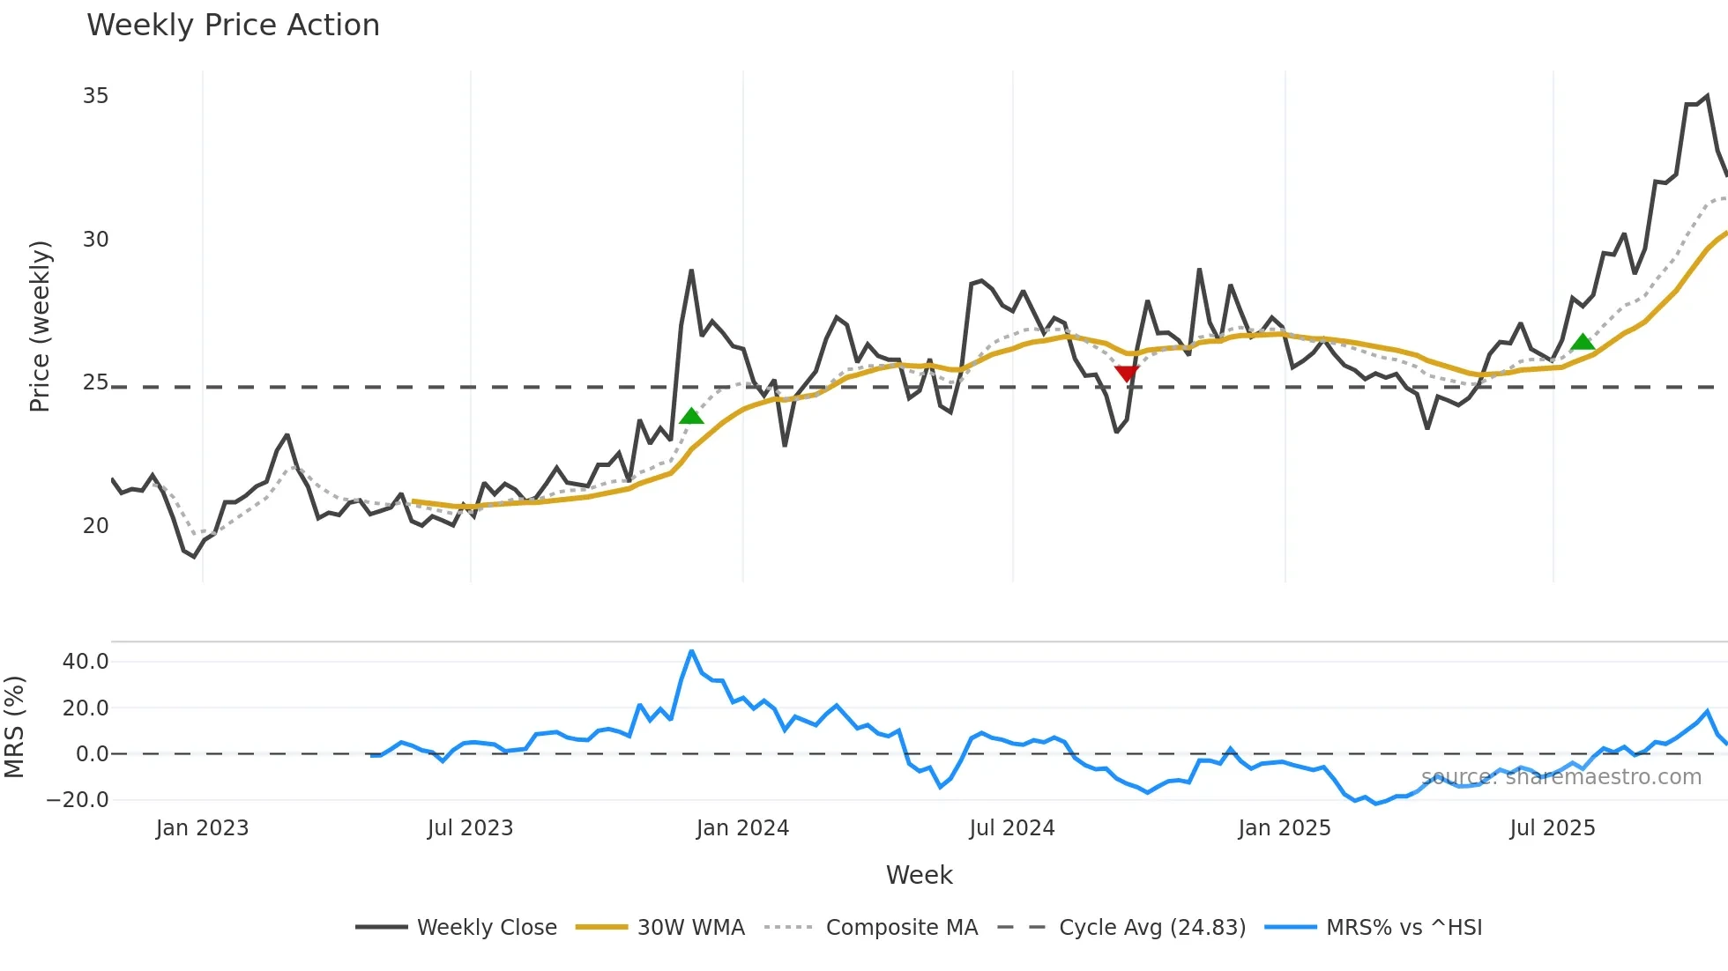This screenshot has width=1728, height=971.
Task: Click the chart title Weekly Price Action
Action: coord(233,26)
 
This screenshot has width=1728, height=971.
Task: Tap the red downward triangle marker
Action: coord(1127,374)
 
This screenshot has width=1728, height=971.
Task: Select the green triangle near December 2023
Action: coord(692,416)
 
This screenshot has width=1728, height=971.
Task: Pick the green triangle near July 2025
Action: coord(1583,342)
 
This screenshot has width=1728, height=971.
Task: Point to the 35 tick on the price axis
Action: coord(95,96)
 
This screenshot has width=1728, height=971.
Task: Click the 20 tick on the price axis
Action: coord(95,526)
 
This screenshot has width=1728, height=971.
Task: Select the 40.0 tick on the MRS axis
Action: coord(86,662)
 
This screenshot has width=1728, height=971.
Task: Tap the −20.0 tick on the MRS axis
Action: coord(78,800)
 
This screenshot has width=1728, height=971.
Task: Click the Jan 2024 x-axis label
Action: coord(742,828)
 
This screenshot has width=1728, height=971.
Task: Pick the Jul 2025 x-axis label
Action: coord(1552,828)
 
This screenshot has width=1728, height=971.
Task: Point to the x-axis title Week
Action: coord(919,875)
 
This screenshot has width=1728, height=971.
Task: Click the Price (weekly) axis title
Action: coord(40,326)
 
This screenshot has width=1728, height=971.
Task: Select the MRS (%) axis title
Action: coord(14,727)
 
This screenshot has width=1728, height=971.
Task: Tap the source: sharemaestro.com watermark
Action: coord(1560,777)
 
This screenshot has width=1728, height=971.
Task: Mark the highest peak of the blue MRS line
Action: coord(691,651)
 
